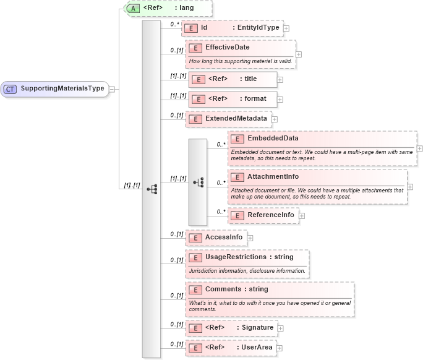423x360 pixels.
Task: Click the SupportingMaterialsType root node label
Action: point(62,88)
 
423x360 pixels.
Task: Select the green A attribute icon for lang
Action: point(134,9)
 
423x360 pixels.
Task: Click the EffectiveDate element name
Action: point(227,47)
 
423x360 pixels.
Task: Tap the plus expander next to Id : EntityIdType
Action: point(286,28)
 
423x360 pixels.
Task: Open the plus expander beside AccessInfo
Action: point(250,237)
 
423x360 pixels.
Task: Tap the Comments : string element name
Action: point(236,289)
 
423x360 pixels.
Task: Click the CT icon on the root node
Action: point(10,88)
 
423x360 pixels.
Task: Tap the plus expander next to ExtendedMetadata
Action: point(275,119)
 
